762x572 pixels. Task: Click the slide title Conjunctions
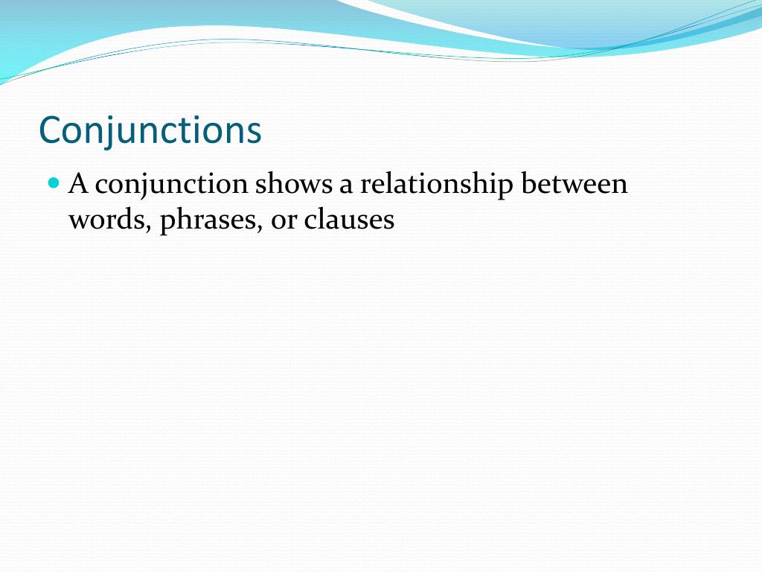(150, 130)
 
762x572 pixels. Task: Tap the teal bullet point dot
(53, 182)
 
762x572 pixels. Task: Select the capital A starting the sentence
(78, 183)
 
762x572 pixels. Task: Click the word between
(574, 184)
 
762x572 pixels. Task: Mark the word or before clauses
(283, 222)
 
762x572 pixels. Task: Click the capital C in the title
(50, 130)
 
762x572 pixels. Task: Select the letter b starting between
(528, 183)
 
